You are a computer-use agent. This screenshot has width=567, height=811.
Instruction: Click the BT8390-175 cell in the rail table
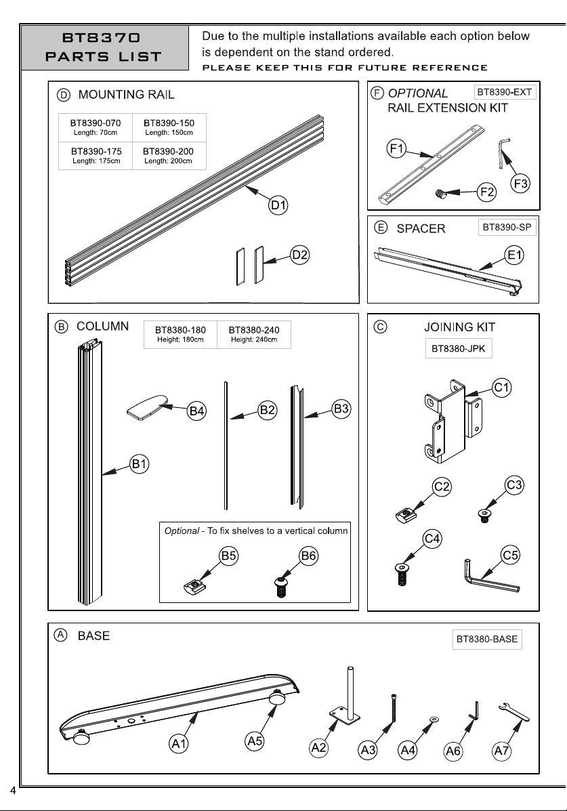(96, 155)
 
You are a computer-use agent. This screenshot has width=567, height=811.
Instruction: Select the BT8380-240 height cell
(254, 334)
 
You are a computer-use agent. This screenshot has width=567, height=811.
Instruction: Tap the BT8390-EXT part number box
(505, 92)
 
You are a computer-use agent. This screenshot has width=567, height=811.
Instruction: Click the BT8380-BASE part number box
(487, 639)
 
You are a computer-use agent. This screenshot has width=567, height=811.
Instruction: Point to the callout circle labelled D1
(278, 205)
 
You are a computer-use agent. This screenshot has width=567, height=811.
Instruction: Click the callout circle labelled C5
(510, 556)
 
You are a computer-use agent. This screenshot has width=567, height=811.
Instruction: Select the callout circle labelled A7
(501, 751)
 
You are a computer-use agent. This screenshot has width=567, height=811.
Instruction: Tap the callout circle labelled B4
(196, 411)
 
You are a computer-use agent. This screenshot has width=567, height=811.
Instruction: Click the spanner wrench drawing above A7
(513, 712)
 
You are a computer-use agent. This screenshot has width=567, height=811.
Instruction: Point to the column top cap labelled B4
(148, 407)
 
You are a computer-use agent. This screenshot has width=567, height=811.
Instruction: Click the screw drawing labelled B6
(280, 587)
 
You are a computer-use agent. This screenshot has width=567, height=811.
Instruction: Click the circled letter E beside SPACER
(380, 228)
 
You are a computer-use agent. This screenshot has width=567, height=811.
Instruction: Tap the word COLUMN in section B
(102, 327)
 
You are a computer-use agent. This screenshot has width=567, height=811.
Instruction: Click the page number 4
(13, 790)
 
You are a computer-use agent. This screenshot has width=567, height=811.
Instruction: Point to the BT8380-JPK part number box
(459, 348)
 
